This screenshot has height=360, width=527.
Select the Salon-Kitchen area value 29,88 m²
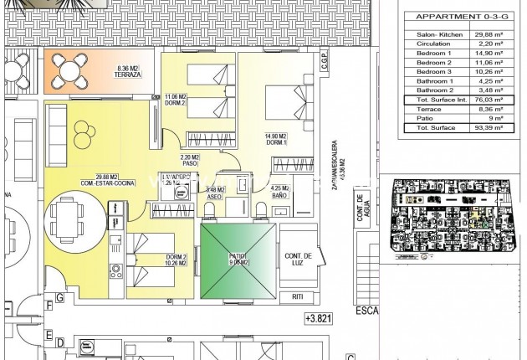point(490,34)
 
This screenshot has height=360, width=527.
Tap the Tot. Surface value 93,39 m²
point(490,127)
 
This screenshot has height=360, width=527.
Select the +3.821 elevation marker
point(318,318)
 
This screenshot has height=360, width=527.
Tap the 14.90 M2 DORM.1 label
point(276,140)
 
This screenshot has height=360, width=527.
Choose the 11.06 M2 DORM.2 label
point(176,100)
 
